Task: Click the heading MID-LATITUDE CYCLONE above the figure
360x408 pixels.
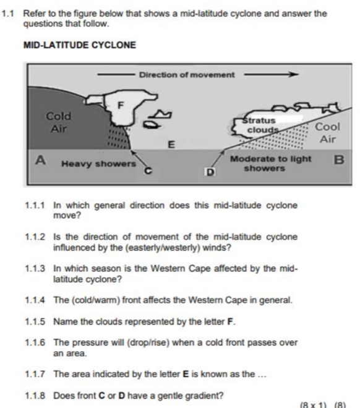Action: tap(80, 45)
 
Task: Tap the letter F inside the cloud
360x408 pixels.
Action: tap(121, 105)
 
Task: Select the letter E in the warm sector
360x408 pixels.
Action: tap(171, 145)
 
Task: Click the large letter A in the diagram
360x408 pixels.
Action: tap(40, 160)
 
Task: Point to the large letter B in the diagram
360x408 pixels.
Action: tap(339, 159)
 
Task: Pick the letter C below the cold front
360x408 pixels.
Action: tap(148, 171)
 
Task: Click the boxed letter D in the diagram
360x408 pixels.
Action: tap(210, 172)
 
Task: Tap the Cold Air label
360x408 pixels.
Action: tap(59, 122)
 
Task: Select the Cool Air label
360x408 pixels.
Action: tap(328, 133)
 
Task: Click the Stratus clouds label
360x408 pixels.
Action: tap(260, 125)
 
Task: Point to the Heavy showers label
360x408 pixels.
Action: tap(98, 164)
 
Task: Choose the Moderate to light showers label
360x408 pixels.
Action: tap(270, 163)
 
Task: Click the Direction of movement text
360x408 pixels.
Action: tap(187, 75)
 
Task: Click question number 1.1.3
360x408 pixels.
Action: tap(35, 268)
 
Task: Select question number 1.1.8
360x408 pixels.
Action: tap(35, 396)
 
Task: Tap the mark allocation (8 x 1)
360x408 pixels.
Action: tap(313, 405)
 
